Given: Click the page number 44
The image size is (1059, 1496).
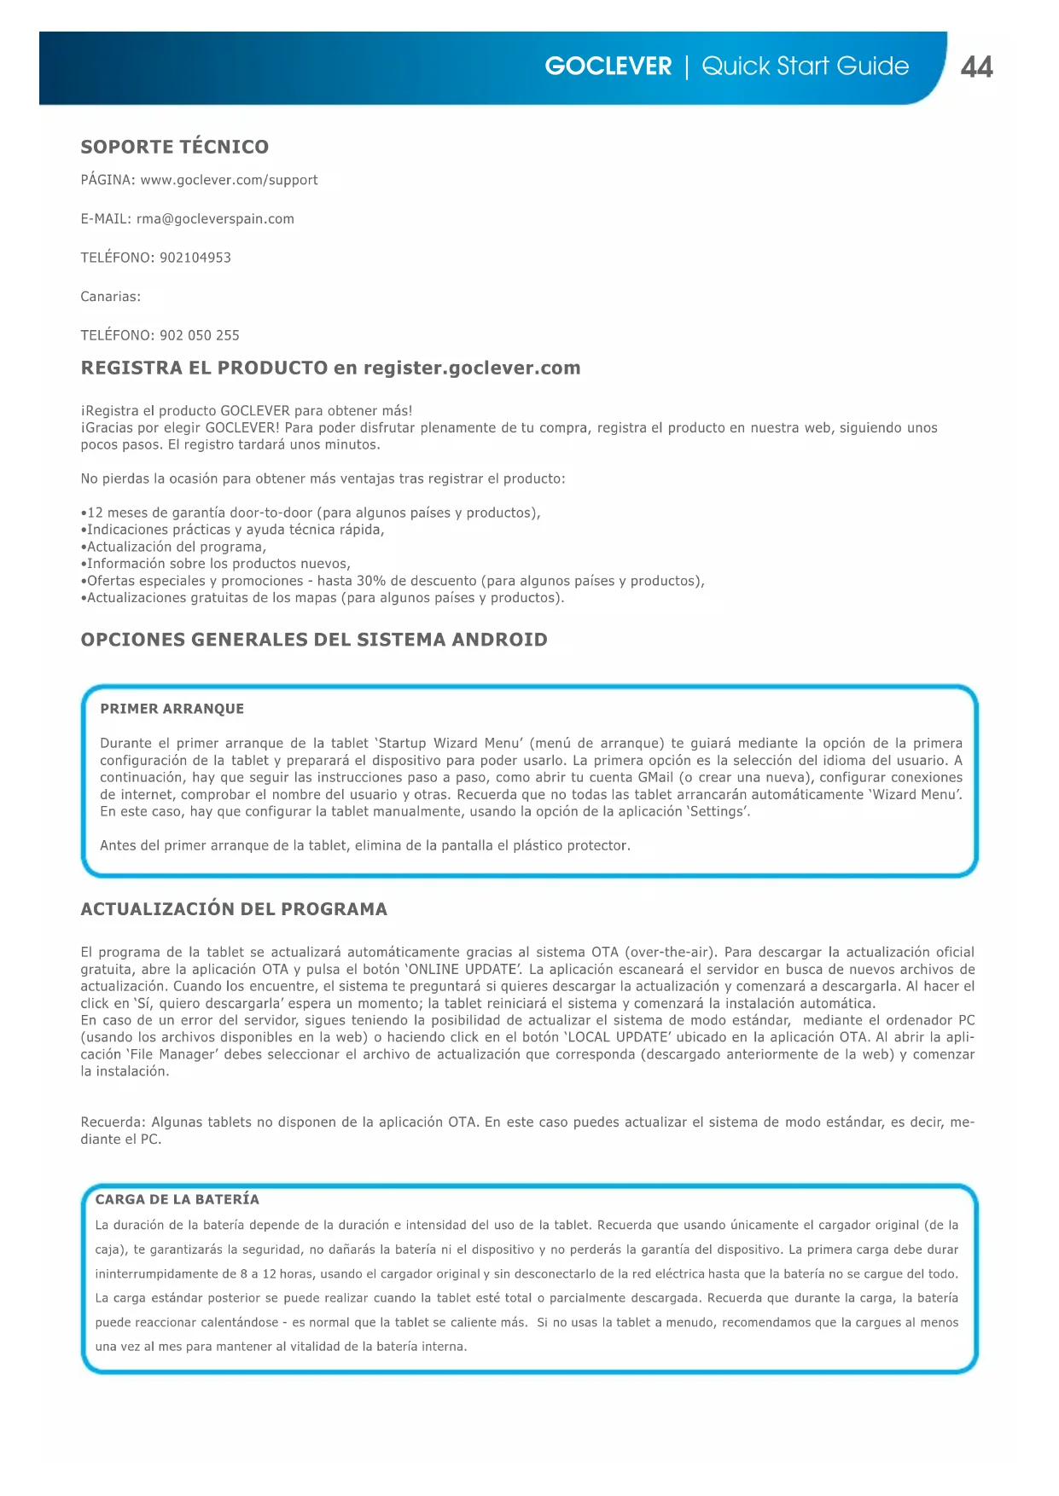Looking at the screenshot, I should (976, 67).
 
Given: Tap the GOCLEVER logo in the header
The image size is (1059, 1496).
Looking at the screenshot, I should (608, 67).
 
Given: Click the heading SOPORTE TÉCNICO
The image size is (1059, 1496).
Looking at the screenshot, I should (174, 147).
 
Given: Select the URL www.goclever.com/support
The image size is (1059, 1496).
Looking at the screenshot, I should (229, 180).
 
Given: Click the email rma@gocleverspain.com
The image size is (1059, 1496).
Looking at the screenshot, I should (215, 219).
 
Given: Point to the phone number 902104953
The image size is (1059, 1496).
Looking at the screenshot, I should (195, 258).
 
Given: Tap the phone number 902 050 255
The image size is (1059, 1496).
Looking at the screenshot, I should (200, 335).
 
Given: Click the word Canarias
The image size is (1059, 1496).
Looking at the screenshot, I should (110, 297).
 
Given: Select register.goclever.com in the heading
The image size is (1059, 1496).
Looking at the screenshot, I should (472, 368).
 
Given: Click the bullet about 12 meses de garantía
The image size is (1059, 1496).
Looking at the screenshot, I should (311, 513).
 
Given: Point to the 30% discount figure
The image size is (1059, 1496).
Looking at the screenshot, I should (372, 581).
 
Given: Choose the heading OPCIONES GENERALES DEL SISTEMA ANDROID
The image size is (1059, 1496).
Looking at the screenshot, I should (314, 640).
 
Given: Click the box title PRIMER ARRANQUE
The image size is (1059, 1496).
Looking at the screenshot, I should (172, 709).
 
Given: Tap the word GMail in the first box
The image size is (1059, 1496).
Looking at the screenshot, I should (655, 777).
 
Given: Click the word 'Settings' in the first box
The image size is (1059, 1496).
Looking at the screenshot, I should (718, 811).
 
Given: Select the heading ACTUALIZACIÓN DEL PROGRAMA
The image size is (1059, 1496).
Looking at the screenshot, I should (234, 909).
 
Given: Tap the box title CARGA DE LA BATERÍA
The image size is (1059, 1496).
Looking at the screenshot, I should (177, 1199).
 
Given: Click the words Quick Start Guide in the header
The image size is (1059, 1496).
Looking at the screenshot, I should (805, 67).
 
